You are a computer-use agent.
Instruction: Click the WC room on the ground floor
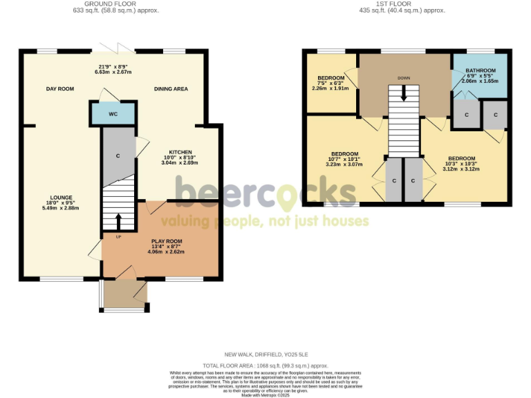click(x=112, y=113)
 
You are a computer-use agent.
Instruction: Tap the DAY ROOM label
click(x=60, y=88)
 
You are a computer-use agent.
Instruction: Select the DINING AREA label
click(x=171, y=88)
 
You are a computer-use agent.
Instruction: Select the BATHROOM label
click(x=481, y=70)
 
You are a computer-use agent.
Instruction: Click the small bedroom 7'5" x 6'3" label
click(x=330, y=77)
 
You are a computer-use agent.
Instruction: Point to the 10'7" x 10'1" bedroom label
click(x=344, y=153)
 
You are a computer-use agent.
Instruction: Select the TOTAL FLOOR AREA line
click(x=265, y=364)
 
